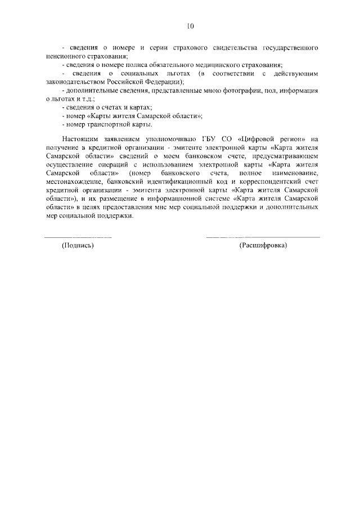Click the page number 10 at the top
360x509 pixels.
(190, 26)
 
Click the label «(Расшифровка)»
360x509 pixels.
(263, 246)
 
